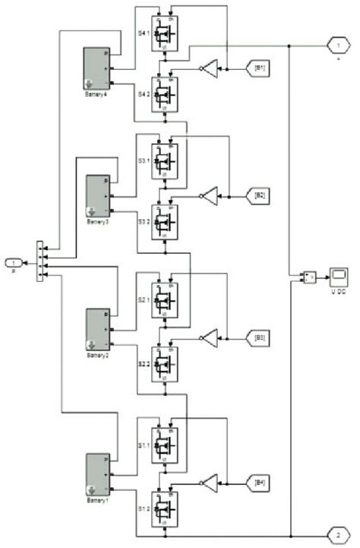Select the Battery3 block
click(97, 195)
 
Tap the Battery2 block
click(97, 329)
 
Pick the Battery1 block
click(97, 472)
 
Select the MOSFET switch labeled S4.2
click(162, 95)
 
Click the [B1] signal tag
click(258, 69)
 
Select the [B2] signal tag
click(258, 196)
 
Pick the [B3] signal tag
click(258, 337)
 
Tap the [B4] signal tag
click(258, 482)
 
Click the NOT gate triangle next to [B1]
click(210, 69)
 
